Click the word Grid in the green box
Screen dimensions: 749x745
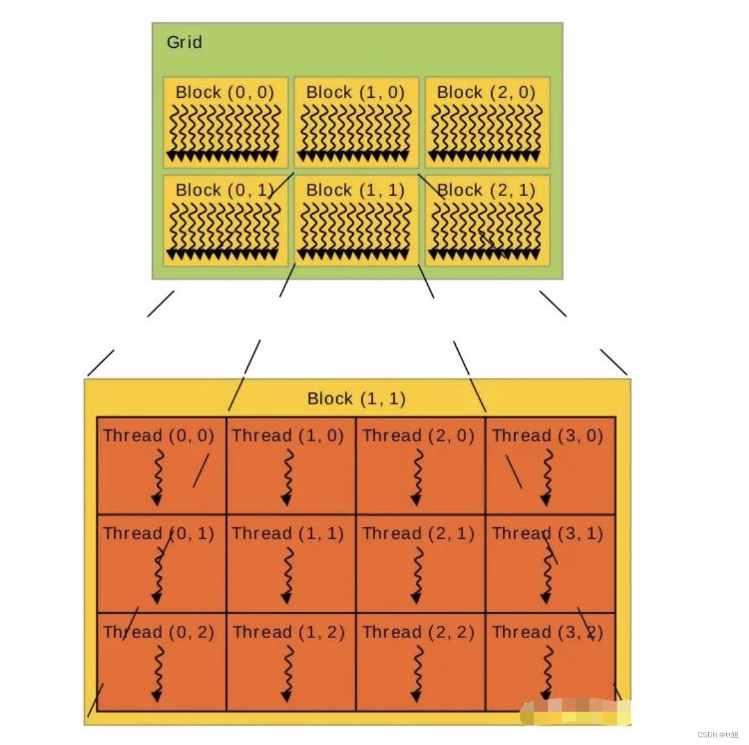[184, 42]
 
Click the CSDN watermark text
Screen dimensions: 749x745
[718, 735]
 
